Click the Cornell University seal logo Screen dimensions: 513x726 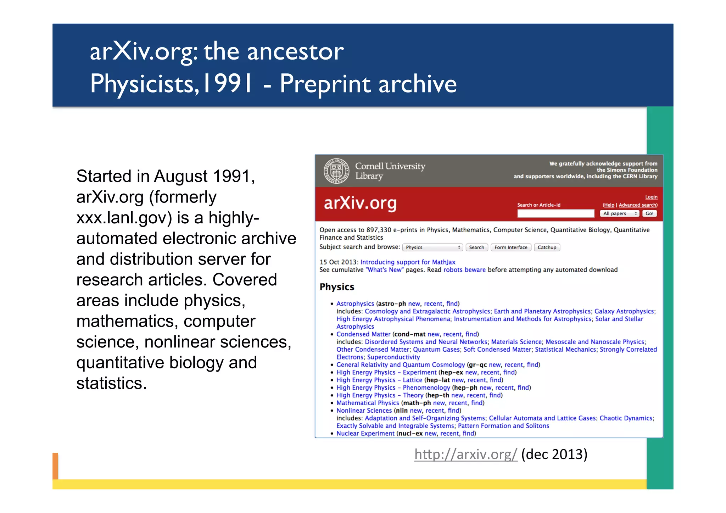336,171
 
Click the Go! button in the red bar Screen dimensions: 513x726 649,213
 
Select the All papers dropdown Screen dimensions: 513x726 619,213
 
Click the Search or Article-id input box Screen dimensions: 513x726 555,213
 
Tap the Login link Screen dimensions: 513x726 651,197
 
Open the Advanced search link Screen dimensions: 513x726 638,205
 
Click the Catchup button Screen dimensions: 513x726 547,247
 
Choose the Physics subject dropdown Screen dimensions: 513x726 433,247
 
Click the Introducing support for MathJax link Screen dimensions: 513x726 408,262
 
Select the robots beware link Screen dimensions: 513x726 464,270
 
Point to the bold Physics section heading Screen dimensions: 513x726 337,287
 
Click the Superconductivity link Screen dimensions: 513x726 393,357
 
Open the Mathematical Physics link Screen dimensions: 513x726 368,403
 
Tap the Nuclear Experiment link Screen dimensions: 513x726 365,433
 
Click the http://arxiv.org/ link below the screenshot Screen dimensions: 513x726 465,454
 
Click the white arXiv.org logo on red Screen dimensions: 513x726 360,203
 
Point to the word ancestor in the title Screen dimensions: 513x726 295,51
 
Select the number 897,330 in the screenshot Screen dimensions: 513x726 379,230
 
